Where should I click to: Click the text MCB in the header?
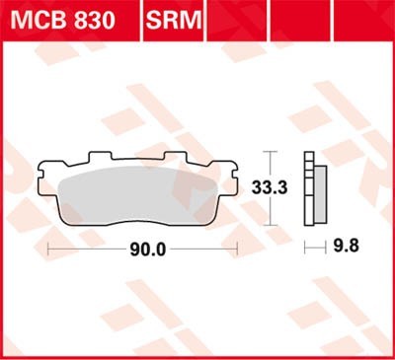[x=38, y=20]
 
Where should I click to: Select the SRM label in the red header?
[x=171, y=20]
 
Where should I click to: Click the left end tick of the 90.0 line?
[x=48, y=251]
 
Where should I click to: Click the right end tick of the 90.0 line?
[x=237, y=251]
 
